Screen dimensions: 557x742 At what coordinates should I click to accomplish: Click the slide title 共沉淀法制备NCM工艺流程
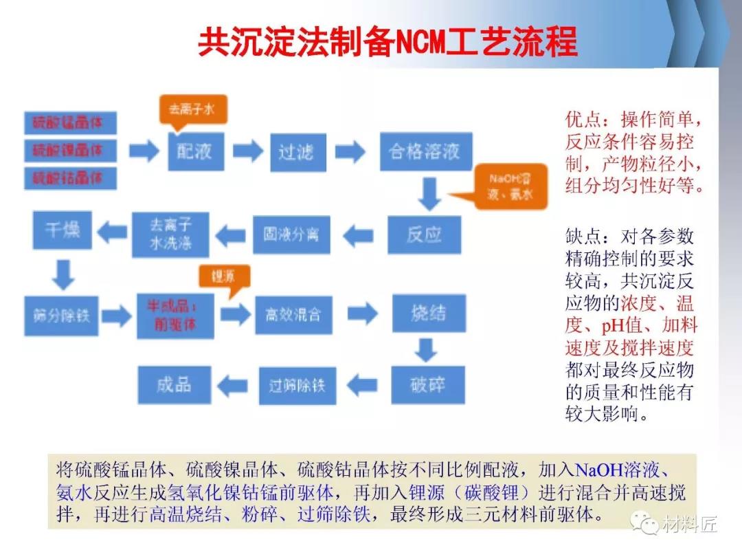pyautogui.click(x=387, y=43)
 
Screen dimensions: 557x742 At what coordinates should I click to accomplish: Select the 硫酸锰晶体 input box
pyautogui.click(x=70, y=123)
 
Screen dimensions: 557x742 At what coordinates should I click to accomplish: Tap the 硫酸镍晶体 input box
pyautogui.click(x=70, y=151)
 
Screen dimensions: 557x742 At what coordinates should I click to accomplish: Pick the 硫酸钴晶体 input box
pyautogui.click(x=70, y=178)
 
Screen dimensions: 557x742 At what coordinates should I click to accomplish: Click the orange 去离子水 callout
pyautogui.click(x=193, y=109)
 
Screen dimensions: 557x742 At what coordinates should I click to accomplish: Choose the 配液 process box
pyautogui.click(x=196, y=152)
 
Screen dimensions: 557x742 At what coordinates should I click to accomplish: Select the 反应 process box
pyautogui.click(x=425, y=234)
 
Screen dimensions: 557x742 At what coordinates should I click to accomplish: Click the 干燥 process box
pyautogui.click(x=63, y=230)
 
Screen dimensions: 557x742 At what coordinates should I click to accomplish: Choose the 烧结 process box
pyautogui.click(x=429, y=314)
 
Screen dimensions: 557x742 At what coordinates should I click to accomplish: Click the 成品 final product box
pyautogui.click(x=174, y=384)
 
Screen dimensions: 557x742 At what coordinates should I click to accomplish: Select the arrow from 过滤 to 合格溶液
pyautogui.click(x=349, y=151)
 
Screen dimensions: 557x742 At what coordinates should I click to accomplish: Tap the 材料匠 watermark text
pyautogui.click(x=689, y=525)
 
